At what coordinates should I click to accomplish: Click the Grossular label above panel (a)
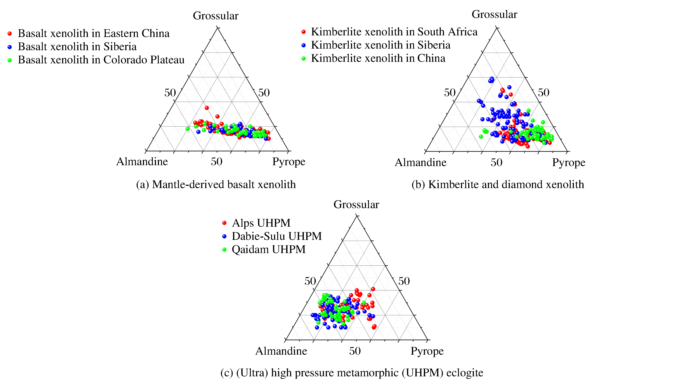coord(215,16)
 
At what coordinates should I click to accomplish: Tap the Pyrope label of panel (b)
coord(569,162)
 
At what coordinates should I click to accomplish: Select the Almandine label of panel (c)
coord(281,351)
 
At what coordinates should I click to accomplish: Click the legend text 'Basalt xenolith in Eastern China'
coord(93,33)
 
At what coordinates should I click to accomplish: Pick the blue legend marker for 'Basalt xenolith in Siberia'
coord(10,47)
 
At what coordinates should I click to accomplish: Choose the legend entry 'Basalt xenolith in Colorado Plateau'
coord(101,60)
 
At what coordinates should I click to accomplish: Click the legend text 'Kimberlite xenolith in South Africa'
coord(394,32)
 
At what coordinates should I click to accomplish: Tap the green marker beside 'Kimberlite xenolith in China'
coord(303,58)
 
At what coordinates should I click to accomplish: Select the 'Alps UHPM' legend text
coord(261,223)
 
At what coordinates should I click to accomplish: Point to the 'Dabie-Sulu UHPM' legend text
coord(277,236)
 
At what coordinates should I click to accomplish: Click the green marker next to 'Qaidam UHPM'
coord(224,250)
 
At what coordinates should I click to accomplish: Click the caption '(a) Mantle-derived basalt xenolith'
coord(216,184)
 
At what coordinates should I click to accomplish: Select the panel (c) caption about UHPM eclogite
coord(352,373)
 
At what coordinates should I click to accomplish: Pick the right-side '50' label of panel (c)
coord(404,281)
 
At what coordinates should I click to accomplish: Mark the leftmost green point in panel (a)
coord(187,129)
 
